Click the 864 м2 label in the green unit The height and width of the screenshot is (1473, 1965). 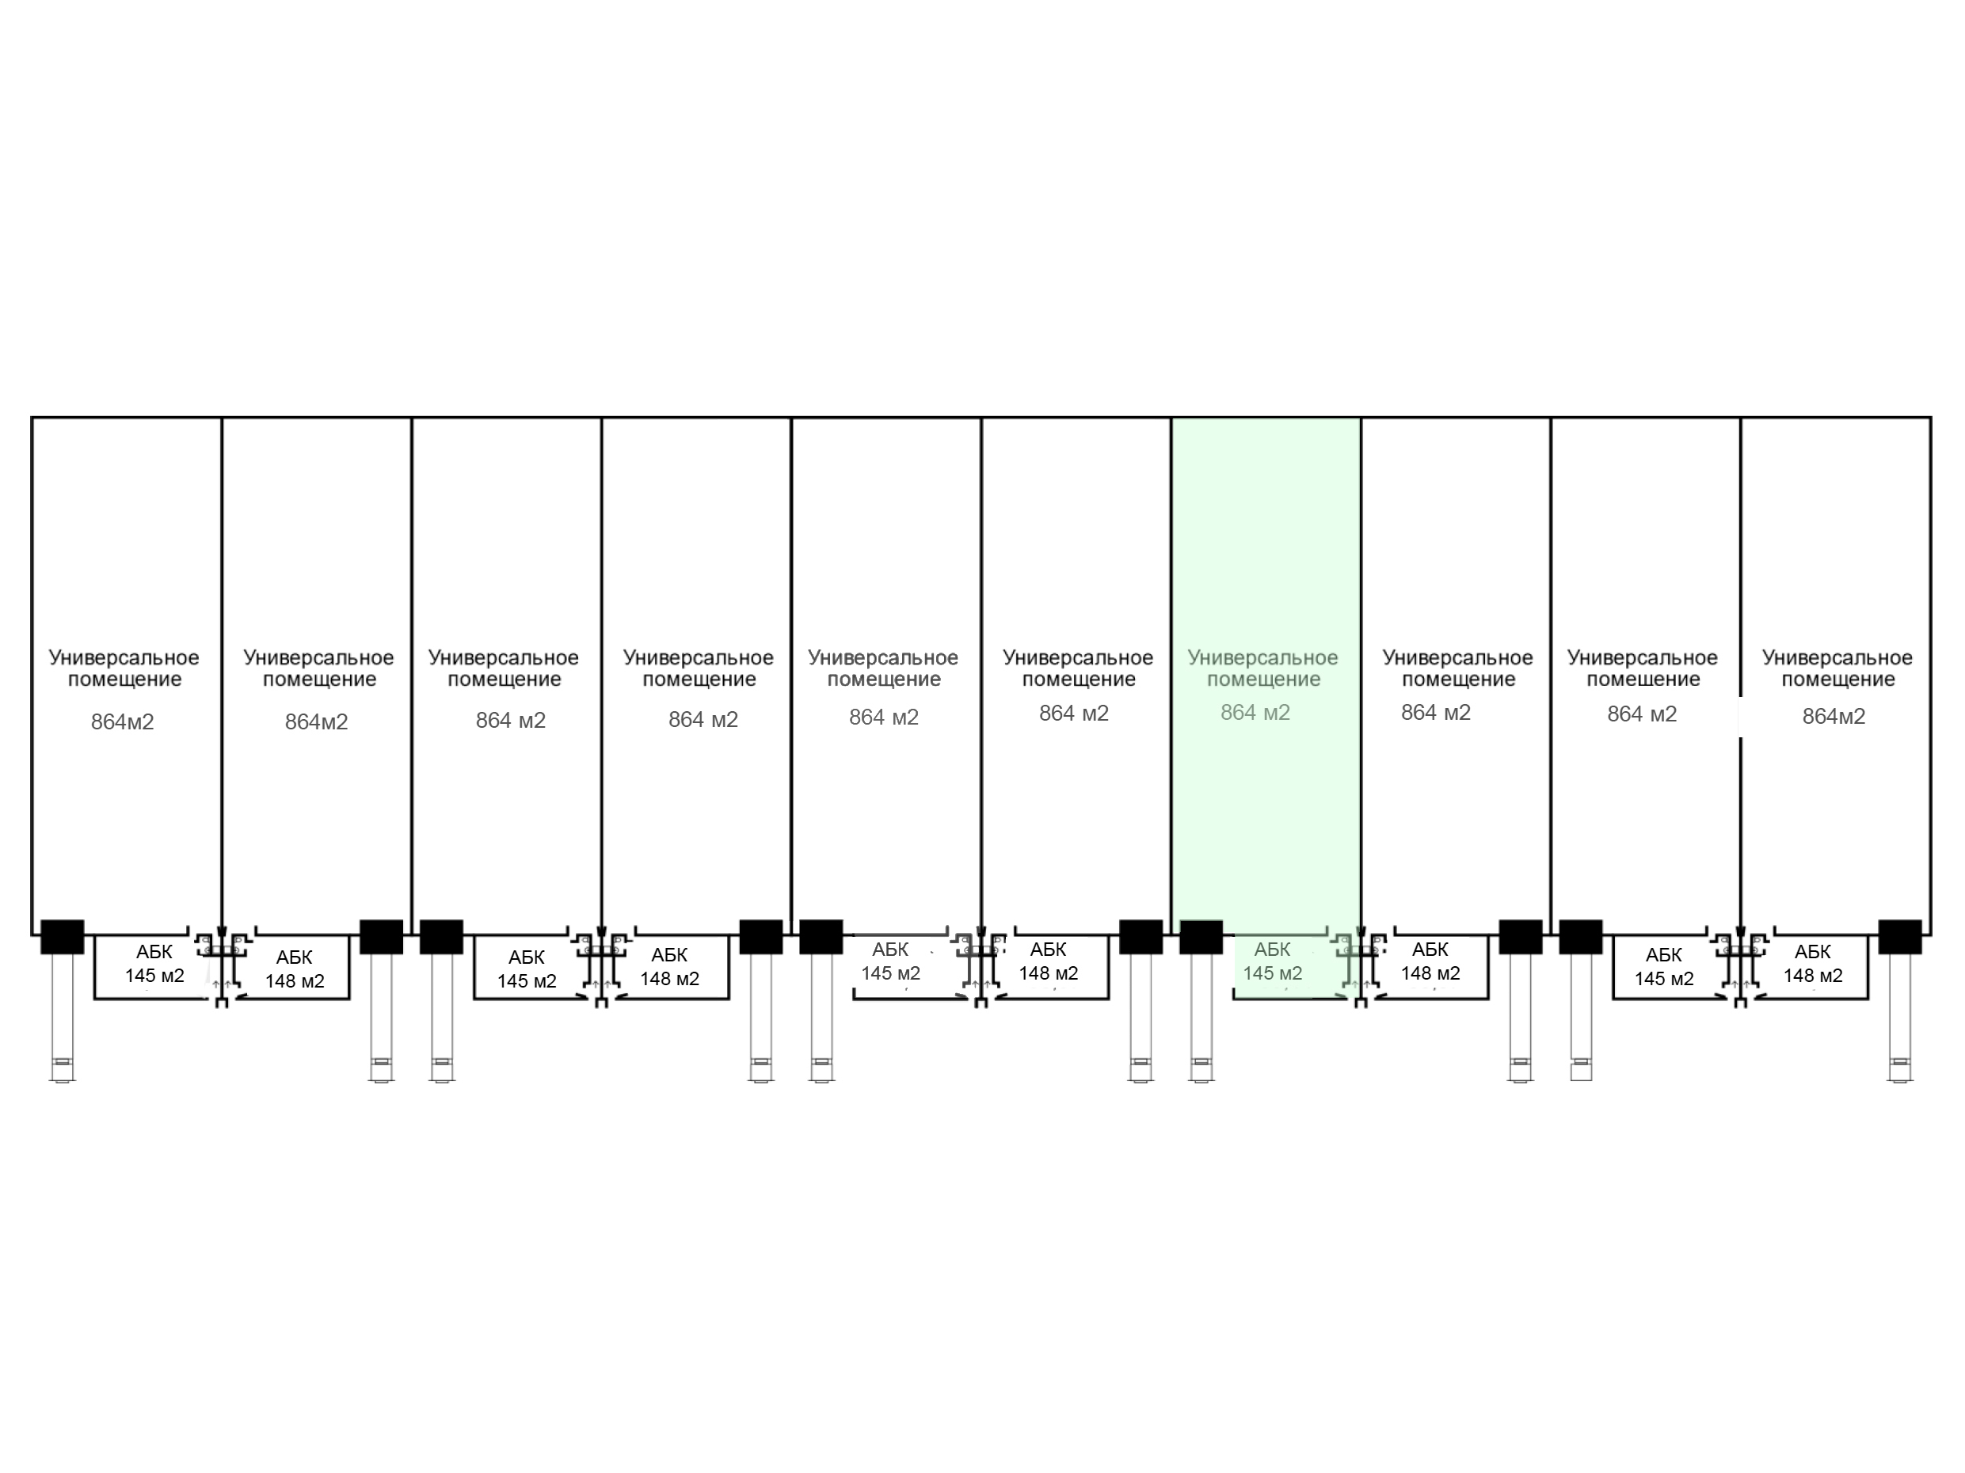click(x=1255, y=713)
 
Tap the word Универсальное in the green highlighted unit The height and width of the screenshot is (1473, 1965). click(x=1262, y=657)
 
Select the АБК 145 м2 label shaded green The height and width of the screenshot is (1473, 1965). click(x=1272, y=961)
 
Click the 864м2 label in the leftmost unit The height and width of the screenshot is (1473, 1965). click(x=123, y=722)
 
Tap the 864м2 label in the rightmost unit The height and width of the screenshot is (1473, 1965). click(x=1834, y=717)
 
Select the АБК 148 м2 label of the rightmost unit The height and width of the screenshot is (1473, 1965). click(x=1813, y=964)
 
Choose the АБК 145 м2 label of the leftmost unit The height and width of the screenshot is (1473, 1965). click(x=154, y=964)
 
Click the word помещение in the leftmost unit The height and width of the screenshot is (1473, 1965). click(x=124, y=679)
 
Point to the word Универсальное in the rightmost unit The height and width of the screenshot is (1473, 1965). click(x=1837, y=657)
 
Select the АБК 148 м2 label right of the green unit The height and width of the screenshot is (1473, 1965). click(x=1430, y=961)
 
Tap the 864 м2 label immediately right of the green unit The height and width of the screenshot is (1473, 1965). click(x=1436, y=713)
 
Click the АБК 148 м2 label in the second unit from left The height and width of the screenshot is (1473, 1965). click(x=295, y=969)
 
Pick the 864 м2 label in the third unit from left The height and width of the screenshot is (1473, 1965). click(x=511, y=721)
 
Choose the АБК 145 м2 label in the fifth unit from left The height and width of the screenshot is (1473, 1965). click(x=890, y=961)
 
